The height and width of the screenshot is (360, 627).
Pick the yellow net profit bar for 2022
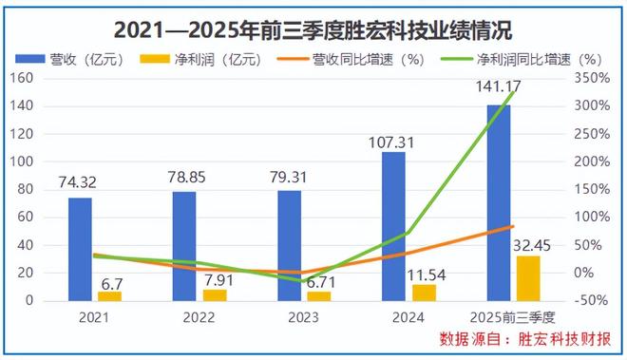click(x=215, y=294)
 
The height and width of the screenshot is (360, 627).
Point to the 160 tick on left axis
click(x=21, y=79)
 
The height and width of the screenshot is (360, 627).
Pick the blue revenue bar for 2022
click(x=184, y=246)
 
